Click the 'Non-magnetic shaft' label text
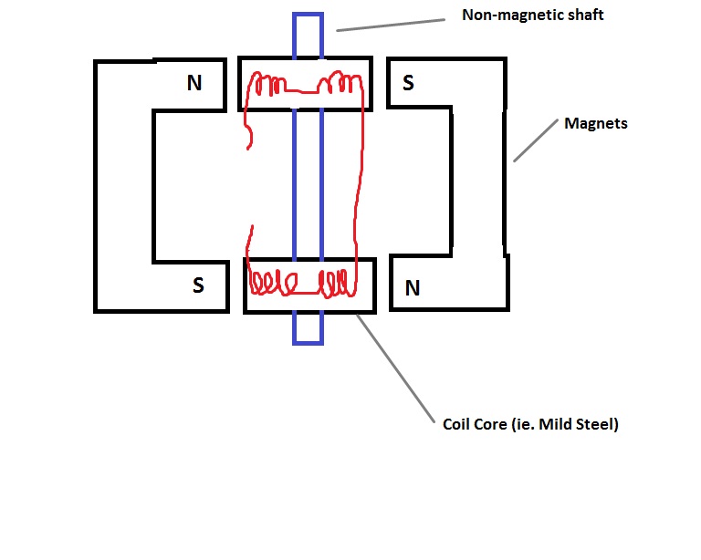pos(532,15)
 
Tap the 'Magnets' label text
pos(595,123)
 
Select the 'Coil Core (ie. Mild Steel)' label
pos(530,424)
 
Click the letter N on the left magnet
pos(194,83)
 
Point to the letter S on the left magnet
pos(198,285)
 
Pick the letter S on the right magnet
pos(408,83)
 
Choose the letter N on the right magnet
pos(413,288)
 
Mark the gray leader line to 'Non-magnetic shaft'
pos(391,25)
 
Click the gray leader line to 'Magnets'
pos(536,140)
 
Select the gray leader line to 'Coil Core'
pos(395,368)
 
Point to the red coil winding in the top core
pos(307,84)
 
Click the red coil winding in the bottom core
pos(303,283)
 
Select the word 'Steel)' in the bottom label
pos(597,424)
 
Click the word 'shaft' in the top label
pos(586,15)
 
